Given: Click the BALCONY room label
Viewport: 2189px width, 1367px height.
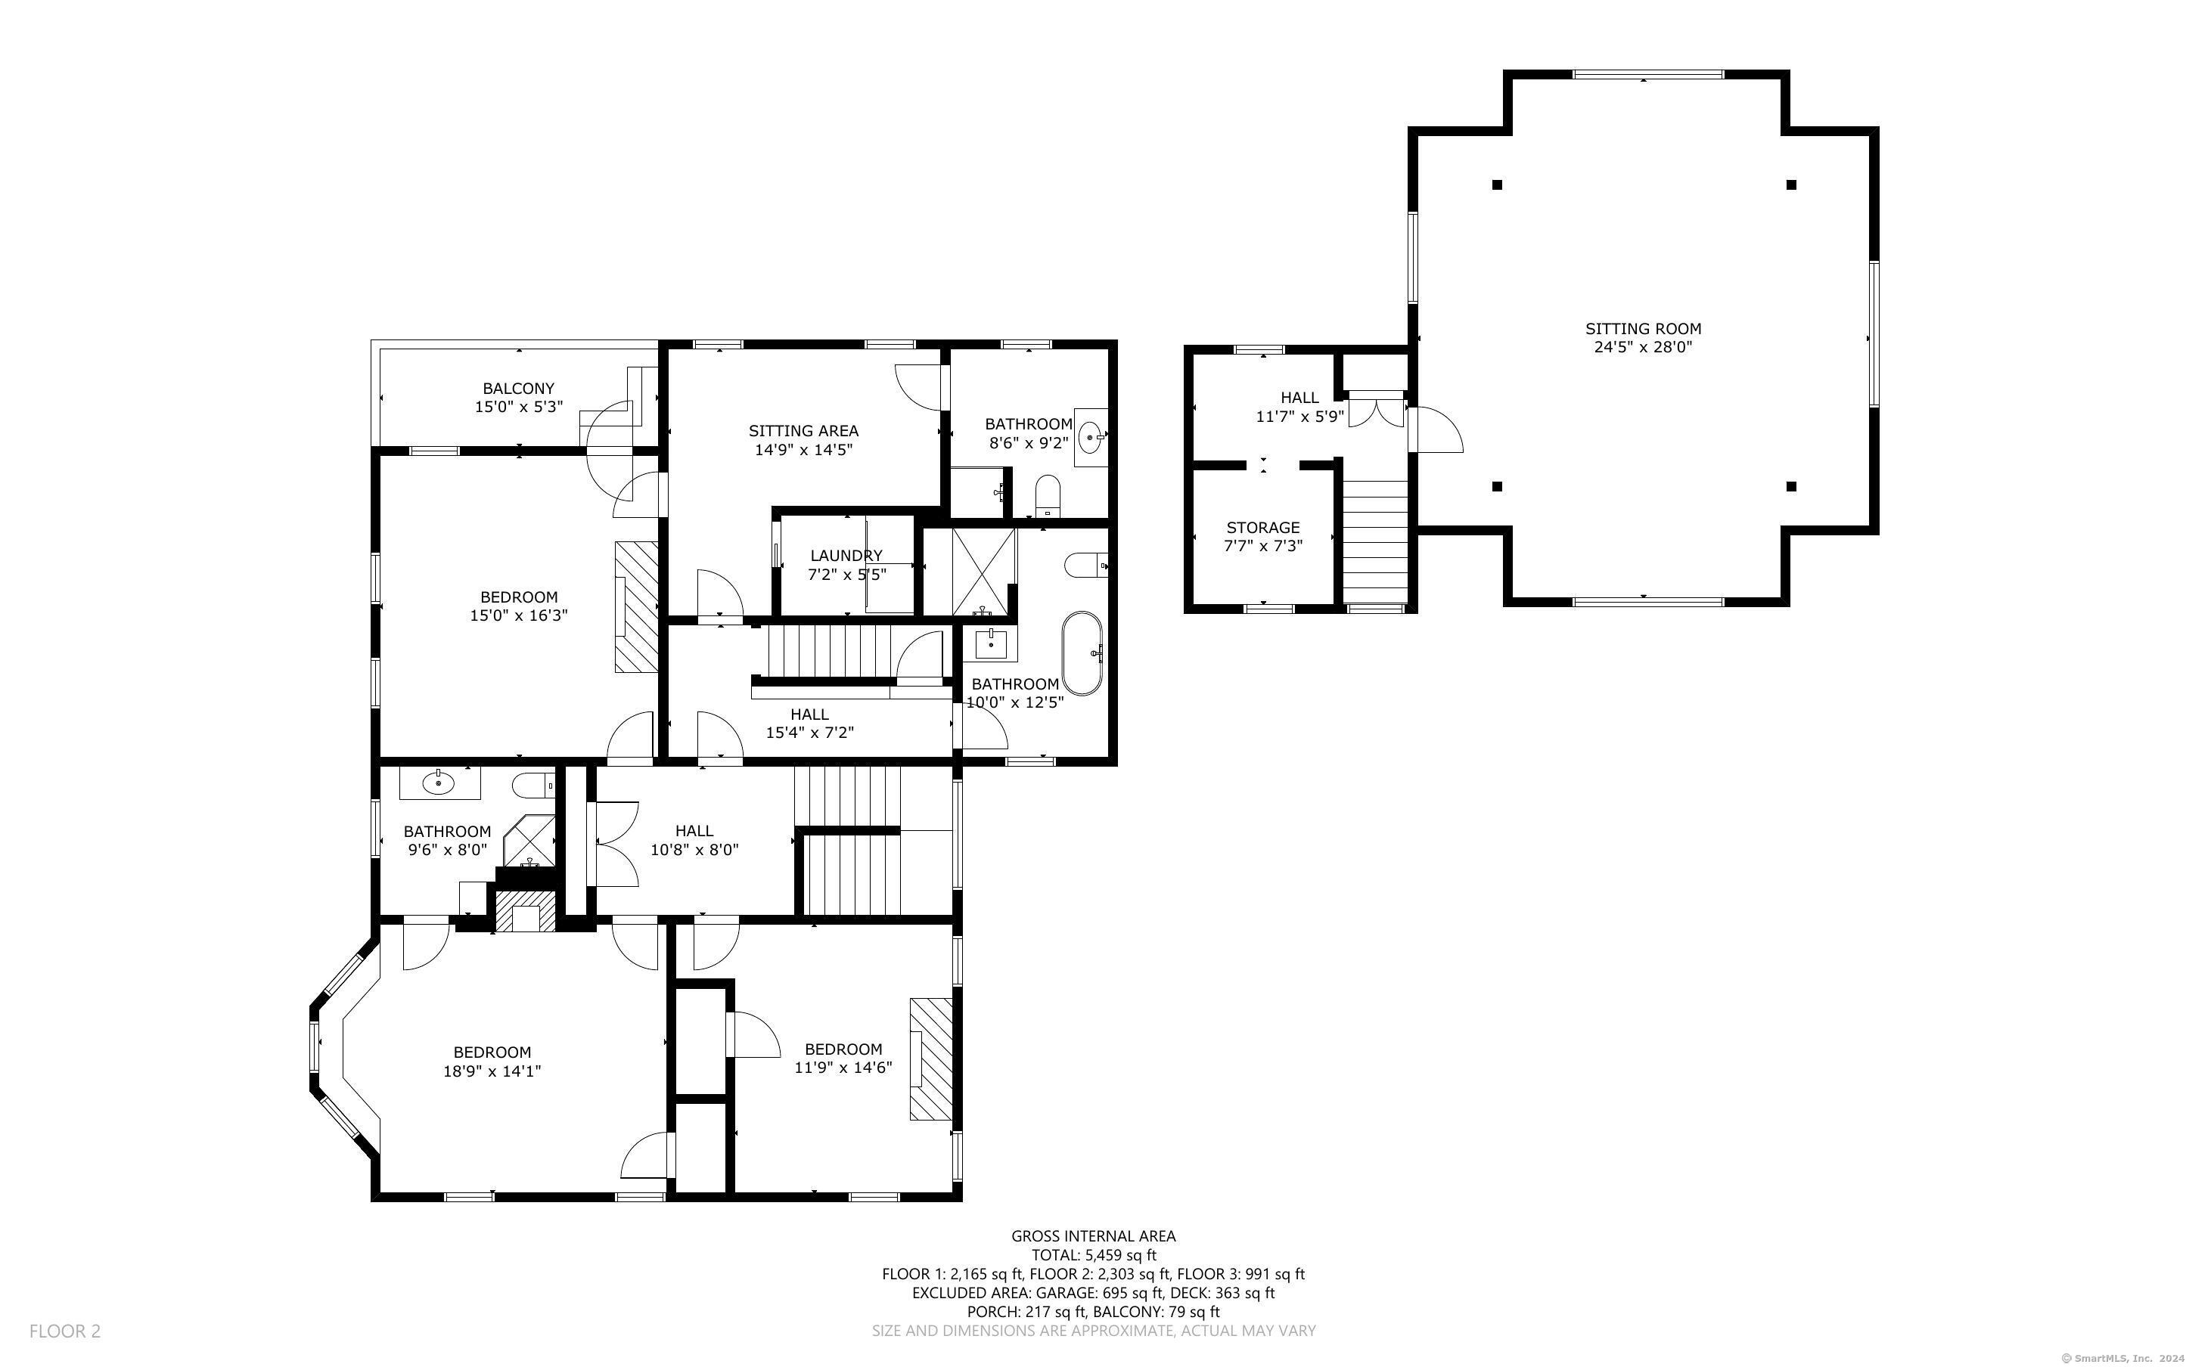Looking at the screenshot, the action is tap(518, 389).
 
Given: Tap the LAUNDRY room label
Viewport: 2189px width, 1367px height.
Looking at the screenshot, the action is tap(846, 555).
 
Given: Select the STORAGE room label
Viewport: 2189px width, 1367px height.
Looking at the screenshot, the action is tap(1263, 527).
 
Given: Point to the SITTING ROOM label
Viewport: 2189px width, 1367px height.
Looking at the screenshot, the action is tap(1643, 328).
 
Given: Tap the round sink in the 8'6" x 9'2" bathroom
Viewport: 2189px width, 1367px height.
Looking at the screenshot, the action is tap(1091, 438).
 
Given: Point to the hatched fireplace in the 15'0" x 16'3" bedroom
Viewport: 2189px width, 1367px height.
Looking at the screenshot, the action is tap(637, 606).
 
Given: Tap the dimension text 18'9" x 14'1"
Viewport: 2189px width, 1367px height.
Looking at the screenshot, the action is tap(492, 1071).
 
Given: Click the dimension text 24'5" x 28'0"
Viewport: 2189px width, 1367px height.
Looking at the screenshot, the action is tap(1643, 347).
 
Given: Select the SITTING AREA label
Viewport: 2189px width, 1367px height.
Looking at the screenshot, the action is tap(803, 431).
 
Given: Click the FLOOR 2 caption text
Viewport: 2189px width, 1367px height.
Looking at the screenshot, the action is tap(65, 1331).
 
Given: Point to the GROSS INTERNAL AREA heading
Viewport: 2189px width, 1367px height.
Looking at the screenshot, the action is tap(1093, 1236).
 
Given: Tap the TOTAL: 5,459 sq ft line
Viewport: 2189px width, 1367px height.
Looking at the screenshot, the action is tap(1093, 1255).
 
